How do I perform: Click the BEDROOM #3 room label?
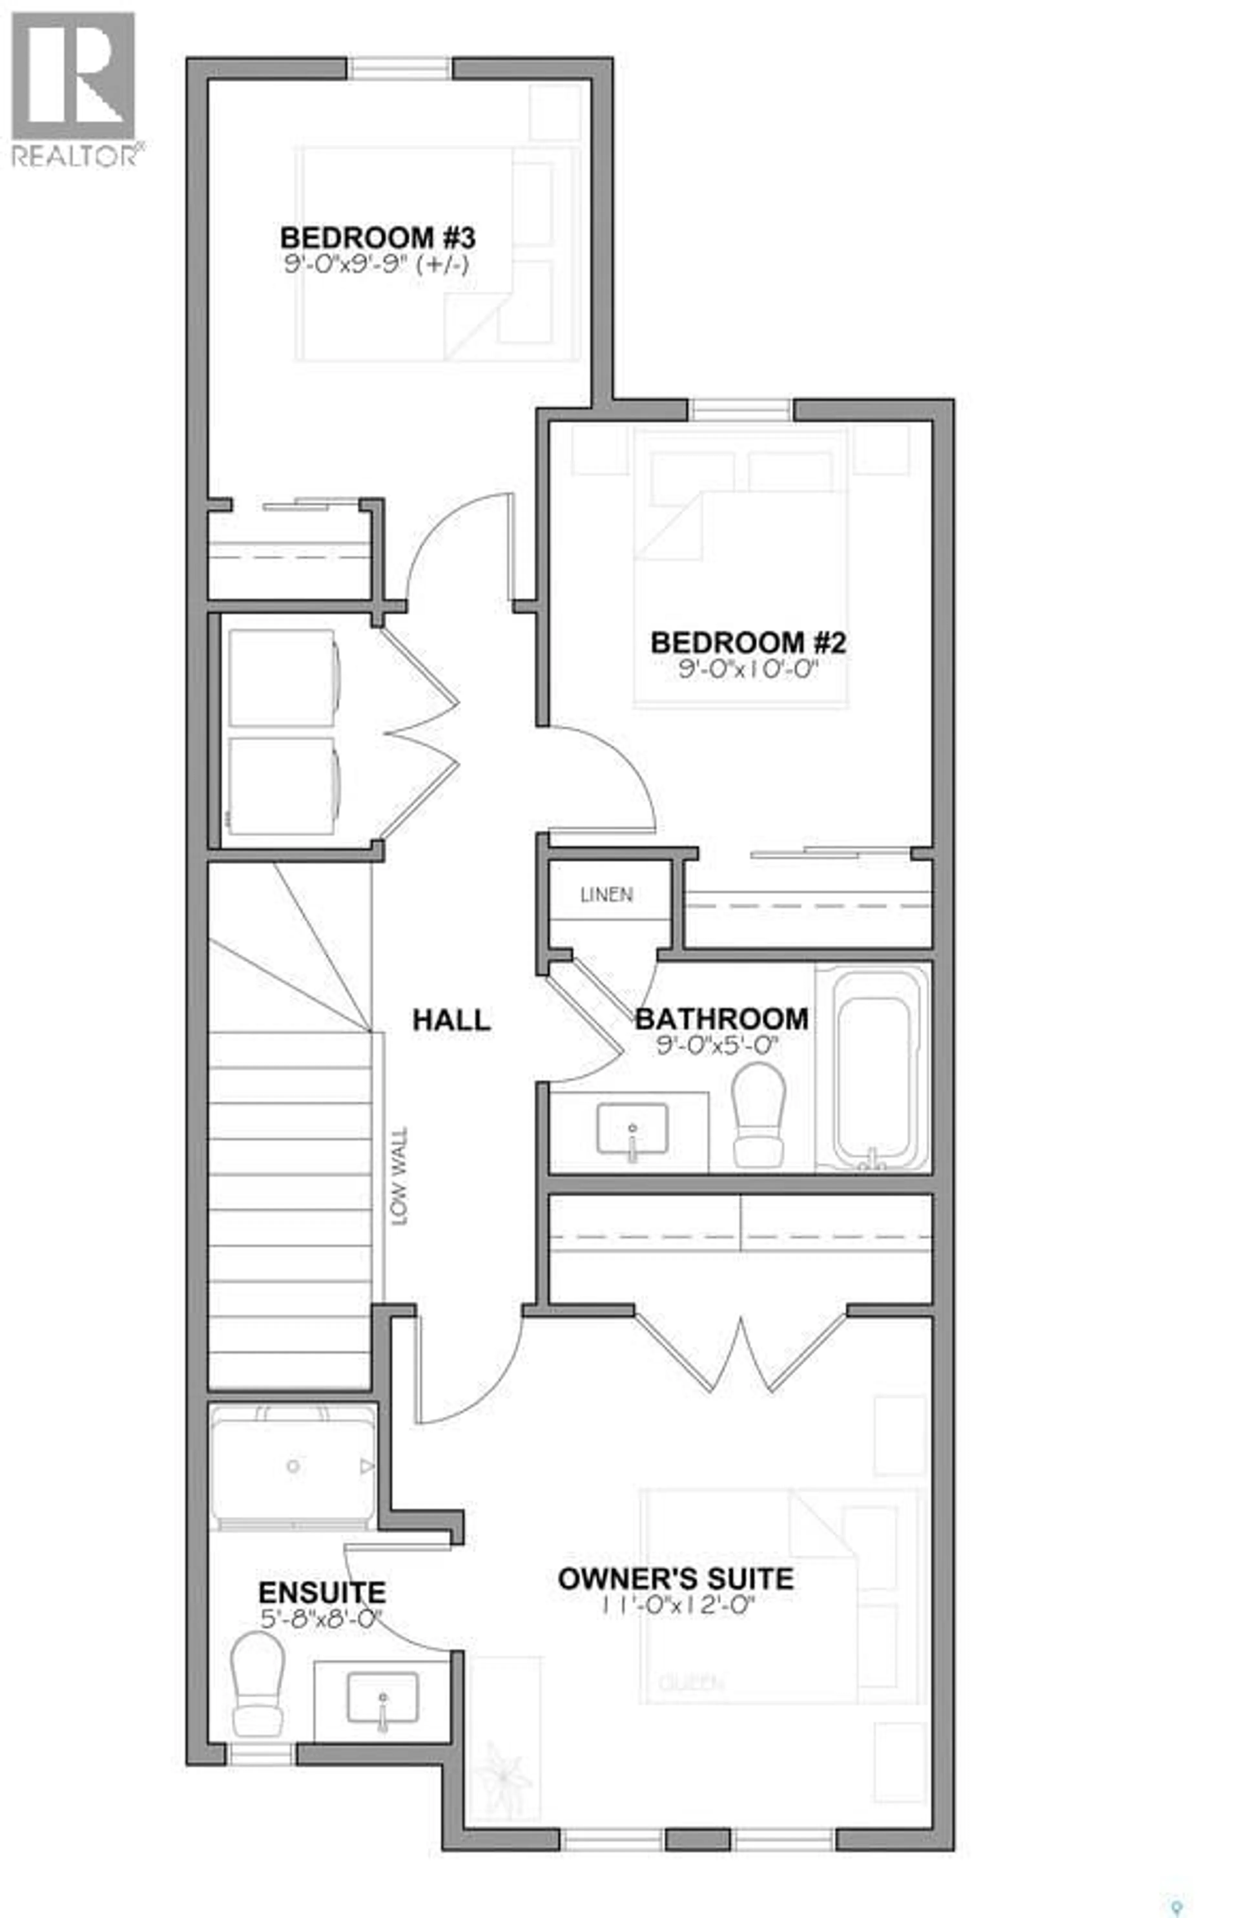point(377,238)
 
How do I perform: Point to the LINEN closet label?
point(606,895)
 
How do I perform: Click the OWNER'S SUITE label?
point(676,1578)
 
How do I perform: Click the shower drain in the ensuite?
point(293,1466)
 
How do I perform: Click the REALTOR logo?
point(74,89)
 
